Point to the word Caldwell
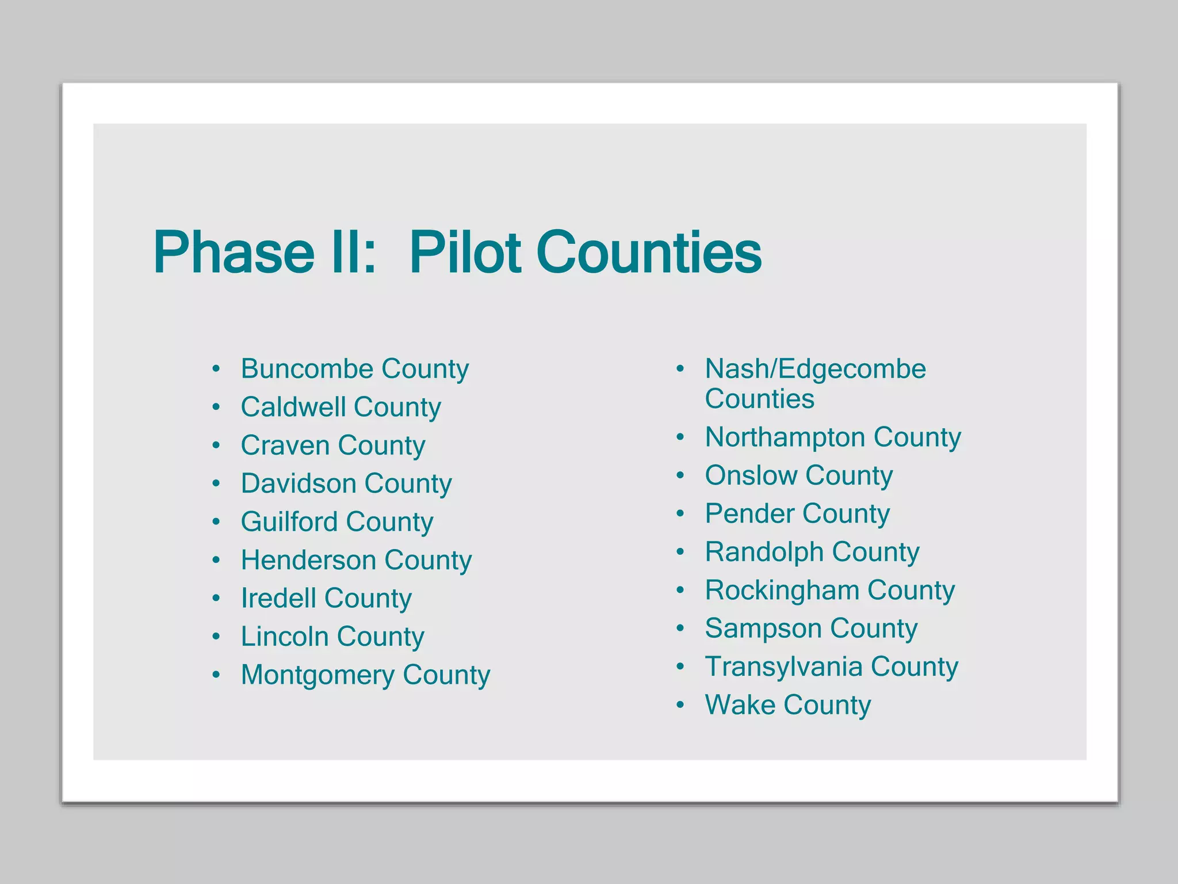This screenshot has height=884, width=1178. [x=293, y=407]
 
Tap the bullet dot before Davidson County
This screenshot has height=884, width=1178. [x=216, y=483]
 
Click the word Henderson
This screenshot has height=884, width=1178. [x=308, y=560]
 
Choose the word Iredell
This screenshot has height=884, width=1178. [x=278, y=598]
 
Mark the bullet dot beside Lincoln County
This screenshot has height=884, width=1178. [x=216, y=637]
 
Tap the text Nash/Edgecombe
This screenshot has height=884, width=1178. [x=815, y=368]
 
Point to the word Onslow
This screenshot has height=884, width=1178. [x=751, y=475]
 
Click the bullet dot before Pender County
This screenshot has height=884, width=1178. [x=680, y=513]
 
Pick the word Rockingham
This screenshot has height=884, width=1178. [x=782, y=590]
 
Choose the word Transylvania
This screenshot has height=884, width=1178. [x=783, y=666]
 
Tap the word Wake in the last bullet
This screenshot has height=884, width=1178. [x=740, y=705]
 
